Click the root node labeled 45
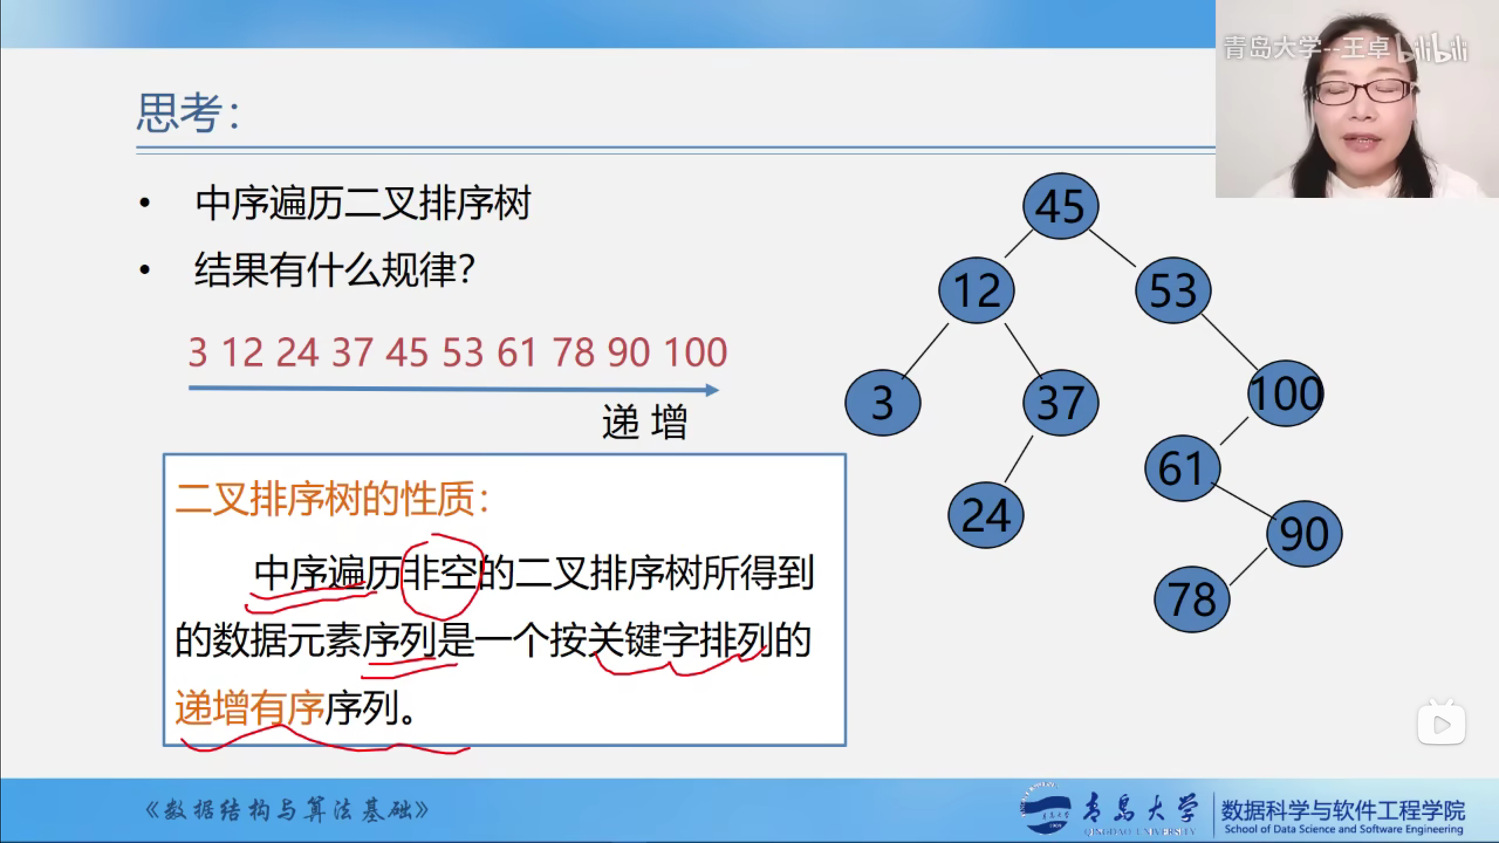[1060, 206]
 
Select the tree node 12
[977, 290]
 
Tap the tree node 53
[1173, 290]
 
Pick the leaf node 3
[882, 402]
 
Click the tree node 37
[1060, 402]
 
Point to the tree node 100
[1286, 393]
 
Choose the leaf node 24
[986, 515]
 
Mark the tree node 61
[1182, 468]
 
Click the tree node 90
[1305, 533]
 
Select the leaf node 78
[1192, 599]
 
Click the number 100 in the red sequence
[696, 352]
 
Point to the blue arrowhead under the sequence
[713, 390]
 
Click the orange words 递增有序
[250, 707]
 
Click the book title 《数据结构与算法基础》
[286, 811]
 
